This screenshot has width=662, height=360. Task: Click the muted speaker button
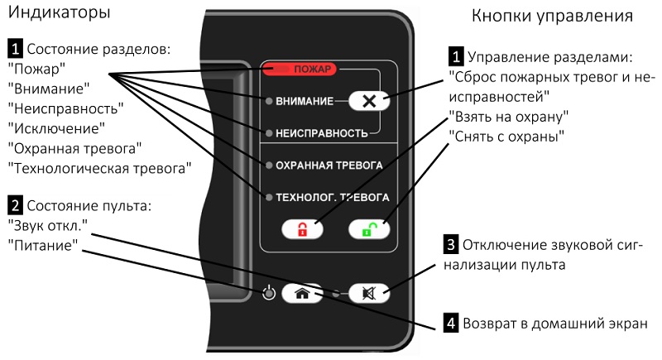(x=367, y=292)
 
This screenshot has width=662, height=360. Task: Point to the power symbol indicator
(x=267, y=293)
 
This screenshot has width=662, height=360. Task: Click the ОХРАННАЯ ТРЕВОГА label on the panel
(x=329, y=166)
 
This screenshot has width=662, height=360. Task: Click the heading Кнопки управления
(x=552, y=16)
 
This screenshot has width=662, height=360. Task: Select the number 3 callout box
(x=451, y=246)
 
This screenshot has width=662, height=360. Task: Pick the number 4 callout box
(x=451, y=323)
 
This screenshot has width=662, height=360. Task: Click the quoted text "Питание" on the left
(x=43, y=245)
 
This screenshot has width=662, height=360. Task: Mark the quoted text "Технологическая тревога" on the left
(x=98, y=168)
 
